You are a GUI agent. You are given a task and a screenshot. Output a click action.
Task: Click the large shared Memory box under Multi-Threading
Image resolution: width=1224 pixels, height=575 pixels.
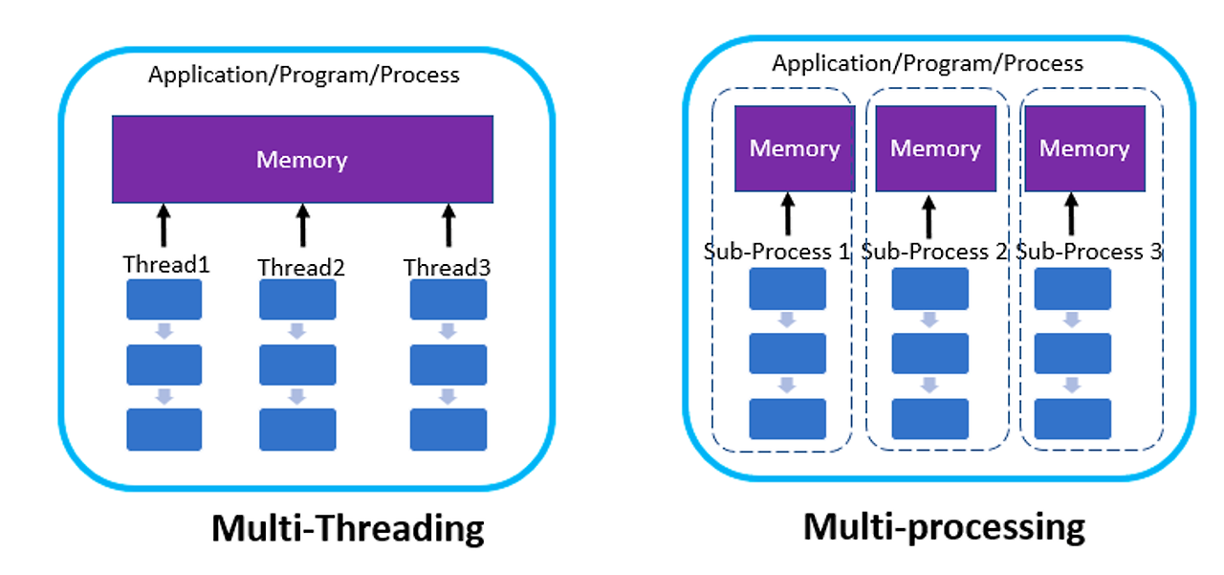click(302, 159)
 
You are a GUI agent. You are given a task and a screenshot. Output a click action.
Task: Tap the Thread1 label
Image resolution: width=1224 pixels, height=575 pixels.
click(165, 265)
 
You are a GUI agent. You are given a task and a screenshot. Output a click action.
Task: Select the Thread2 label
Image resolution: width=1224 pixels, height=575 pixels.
click(301, 268)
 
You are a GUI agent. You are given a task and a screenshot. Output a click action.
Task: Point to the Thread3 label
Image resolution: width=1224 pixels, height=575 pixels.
click(447, 268)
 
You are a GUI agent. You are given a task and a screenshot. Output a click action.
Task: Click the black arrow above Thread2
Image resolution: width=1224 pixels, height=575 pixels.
click(302, 225)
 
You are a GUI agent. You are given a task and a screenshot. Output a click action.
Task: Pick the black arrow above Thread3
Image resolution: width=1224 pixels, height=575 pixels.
click(448, 225)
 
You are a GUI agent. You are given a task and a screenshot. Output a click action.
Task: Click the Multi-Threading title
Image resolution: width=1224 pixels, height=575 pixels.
click(347, 528)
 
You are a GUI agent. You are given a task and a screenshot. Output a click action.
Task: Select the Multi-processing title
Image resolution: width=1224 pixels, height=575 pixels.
click(943, 526)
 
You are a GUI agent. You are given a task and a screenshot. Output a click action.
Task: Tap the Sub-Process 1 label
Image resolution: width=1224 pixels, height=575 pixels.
click(776, 252)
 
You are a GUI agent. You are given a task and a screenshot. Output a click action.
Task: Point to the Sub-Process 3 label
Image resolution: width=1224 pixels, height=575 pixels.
click(1089, 252)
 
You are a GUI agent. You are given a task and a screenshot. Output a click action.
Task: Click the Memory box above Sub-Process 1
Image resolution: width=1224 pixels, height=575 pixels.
click(794, 148)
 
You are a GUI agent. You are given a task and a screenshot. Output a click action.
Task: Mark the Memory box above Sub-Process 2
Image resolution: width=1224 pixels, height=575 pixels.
click(935, 148)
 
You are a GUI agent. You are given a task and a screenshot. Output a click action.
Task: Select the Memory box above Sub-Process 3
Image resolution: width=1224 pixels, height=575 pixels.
click(1084, 148)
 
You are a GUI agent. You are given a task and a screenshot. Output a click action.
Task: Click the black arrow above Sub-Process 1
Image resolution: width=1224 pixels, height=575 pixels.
click(788, 214)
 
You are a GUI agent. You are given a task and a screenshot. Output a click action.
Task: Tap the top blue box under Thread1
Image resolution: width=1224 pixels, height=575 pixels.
click(164, 299)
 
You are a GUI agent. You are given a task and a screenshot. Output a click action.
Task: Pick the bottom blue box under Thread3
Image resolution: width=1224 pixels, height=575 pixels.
click(448, 429)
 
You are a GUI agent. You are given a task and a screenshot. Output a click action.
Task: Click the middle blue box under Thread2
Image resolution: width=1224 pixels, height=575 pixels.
click(297, 365)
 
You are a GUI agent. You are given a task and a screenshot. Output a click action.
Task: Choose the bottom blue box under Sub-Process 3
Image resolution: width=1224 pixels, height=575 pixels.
click(1073, 418)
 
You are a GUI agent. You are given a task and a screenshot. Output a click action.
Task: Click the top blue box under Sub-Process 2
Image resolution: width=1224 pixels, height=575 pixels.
click(930, 289)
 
